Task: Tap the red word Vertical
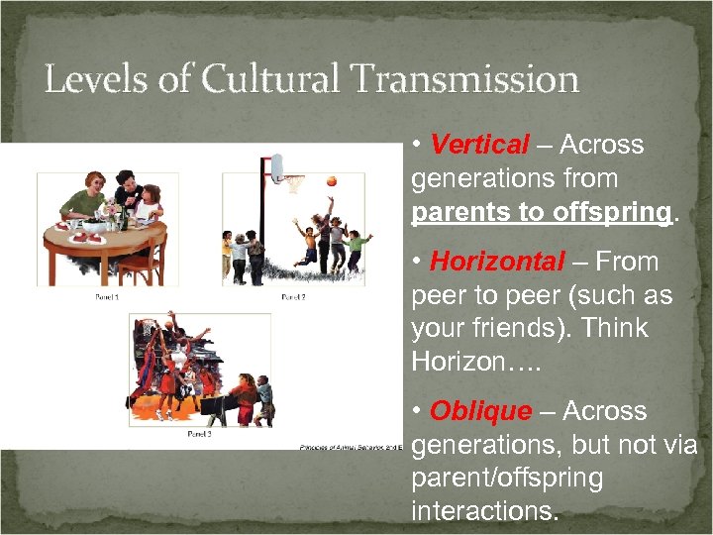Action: coord(480,145)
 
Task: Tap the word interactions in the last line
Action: coord(485,512)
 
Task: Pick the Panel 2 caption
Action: coord(294,296)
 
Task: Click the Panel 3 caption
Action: coord(200,434)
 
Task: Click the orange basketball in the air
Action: coord(331,180)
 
